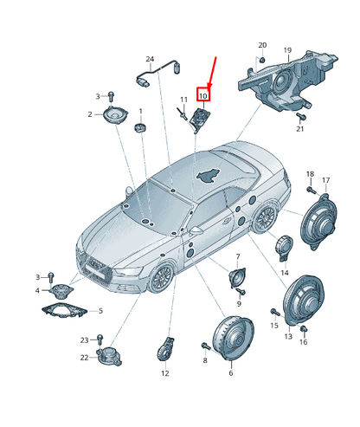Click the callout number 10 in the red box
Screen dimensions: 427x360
tap(203, 94)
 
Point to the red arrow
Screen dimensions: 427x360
tap(210, 70)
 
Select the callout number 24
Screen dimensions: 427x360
tap(149, 60)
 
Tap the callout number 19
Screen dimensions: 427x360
tap(287, 50)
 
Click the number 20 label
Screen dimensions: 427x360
tap(263, 44)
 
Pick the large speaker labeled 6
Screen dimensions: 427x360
tap(231, 339)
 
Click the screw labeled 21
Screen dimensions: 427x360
tap(302, 117)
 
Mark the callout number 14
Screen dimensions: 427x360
tap(284, 272)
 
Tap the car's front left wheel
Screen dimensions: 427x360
tap(161, 279)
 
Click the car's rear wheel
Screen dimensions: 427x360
tap(265, 217)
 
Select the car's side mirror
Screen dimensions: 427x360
tap(196, 233)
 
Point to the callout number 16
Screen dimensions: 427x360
tap(304, 343)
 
